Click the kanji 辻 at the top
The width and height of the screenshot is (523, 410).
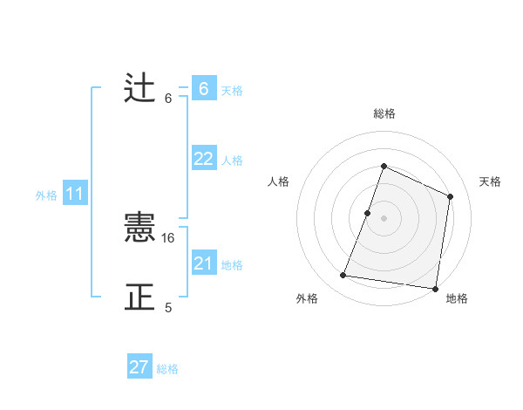(139, 88)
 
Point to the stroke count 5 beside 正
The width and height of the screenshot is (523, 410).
(168, 308)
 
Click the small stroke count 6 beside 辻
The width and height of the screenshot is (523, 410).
(168, 99)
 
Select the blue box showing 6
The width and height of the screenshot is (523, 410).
(203, 89)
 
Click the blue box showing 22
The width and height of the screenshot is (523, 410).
(203, 159)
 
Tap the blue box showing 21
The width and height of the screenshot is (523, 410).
(203, 263)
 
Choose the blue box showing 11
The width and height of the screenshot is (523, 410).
(75, 195)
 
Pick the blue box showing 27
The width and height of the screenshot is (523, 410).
(139, 367)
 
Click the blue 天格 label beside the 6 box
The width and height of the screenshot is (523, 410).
(232, 91)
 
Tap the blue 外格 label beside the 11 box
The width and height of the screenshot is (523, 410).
(46, 195)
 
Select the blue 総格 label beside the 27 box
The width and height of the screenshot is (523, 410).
(167, 369)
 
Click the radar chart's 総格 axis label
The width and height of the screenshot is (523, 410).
(384, 114)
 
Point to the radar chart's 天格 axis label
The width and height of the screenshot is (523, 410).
(490, 181)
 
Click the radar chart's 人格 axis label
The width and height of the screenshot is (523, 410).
(278, 181)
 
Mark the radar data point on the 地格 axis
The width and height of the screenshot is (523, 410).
(435, 289)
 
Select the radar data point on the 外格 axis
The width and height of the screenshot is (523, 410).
(343, 276)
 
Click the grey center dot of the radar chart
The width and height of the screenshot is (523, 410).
(384, 218)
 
